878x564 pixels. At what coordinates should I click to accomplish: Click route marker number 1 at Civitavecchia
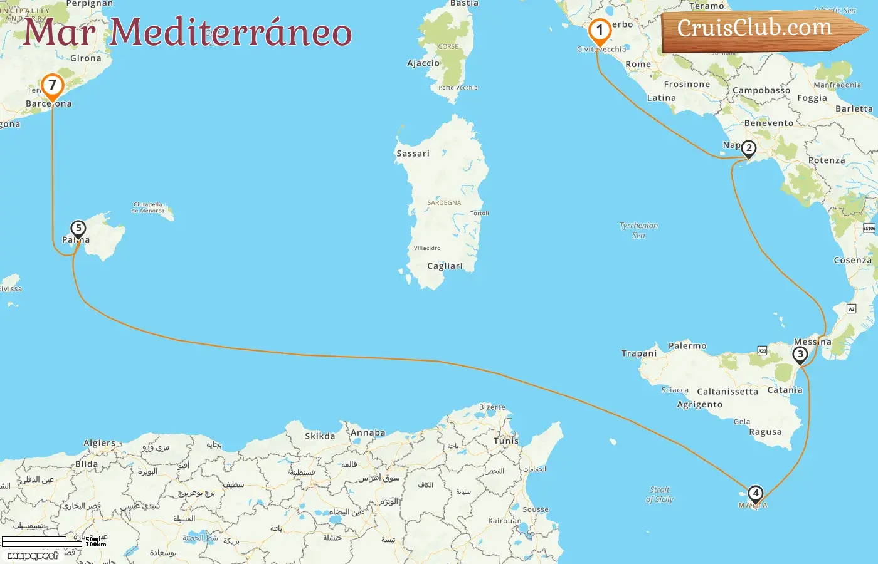pos(600,31)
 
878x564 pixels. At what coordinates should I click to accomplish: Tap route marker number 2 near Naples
pos(748,149)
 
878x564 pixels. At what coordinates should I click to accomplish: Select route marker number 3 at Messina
pos(800,355)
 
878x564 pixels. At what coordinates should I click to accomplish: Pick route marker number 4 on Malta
pos(756,494)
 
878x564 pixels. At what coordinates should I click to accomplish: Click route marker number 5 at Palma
pos(78,229)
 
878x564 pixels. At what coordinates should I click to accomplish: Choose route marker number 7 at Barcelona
pos(52,85)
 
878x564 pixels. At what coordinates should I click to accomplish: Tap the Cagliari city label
pos(445,266)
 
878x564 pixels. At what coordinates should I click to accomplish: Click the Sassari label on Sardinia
pos(413,154)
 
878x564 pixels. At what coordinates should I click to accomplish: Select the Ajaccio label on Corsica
pos(423,63)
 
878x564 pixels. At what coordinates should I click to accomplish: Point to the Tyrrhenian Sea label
pos(638,230)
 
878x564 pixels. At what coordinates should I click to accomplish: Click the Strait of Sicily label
pos(659,494)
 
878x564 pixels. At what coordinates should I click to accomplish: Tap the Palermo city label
pos(687,346)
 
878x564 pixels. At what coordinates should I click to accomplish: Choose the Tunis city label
pos(506,441)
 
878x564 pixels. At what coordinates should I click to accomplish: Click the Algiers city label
pos(100,443)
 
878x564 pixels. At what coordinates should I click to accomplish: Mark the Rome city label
pos(638,65)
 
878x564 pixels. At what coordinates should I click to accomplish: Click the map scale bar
pos(43,541)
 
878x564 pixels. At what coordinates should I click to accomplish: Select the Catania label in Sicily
pos(785,390)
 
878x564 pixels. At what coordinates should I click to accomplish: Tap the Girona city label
pos(86,58)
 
